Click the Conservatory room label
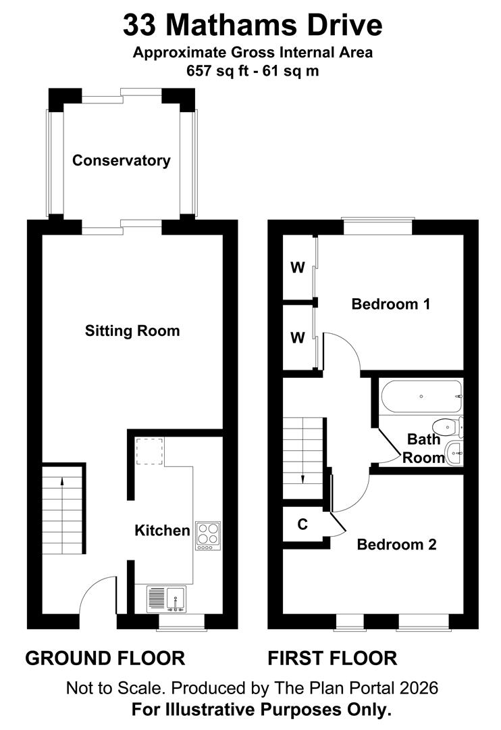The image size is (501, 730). pyautogui.click(x=121, y=161)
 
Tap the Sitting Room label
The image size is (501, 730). pyautogui.click(x=132, y=331)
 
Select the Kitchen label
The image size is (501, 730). pyautogui.click(x=162, y=530)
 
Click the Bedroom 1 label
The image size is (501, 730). pyautogui.click(x=390, y=304)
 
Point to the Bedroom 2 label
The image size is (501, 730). pyautogui.click(x=396, y=544)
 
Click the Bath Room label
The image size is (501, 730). pyautogui.click(x=424, y=448)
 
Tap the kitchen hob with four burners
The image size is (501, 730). pyautogui.click(x=209, y=535)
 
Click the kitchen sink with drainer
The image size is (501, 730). pyautogui.click(x=167, y=599)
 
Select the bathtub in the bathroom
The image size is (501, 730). pyautogui.click(x=421, y=397)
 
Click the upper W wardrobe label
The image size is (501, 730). pyautogui.click(x=298, y=268)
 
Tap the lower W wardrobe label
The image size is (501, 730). pyautogui.click(x=298, y=337)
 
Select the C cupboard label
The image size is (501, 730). pyautogui.click(x=302, y=525)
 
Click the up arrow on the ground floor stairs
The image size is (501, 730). pyautogui.click(x=62, y=482)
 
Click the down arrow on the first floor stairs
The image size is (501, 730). pyautogui.click(x=302, y=478)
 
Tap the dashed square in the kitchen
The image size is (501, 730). pyautogui.click(x=148, y=452)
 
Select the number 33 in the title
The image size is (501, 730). pyautogui.click(x=140, y=26)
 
